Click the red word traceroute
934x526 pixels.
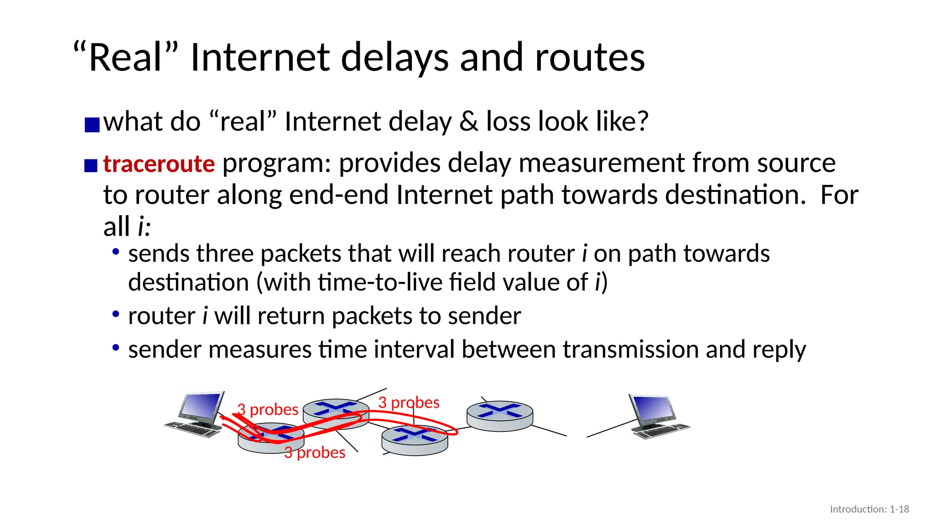pos(159,163)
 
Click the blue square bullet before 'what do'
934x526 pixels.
pos(92,125)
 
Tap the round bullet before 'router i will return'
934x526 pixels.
pos(116,315)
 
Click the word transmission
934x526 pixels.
pos(631,349)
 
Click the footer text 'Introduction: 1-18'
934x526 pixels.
pos(869,509)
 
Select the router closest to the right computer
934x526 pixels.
pos(500,416)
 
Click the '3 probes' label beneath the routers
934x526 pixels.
pos(315,452)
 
